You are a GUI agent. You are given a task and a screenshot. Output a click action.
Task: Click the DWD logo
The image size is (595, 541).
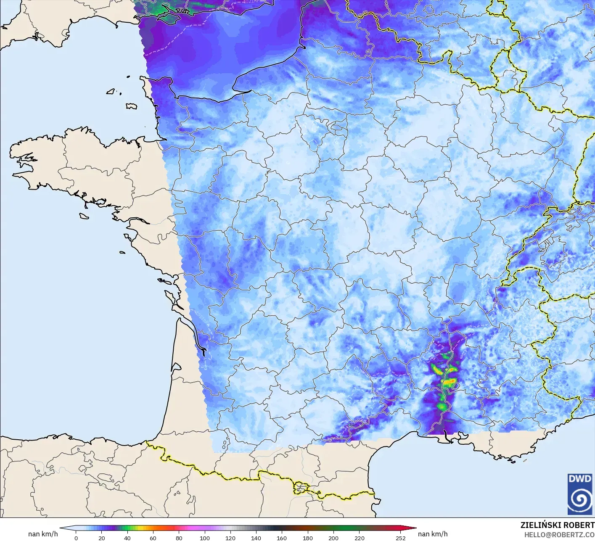click(580, 494)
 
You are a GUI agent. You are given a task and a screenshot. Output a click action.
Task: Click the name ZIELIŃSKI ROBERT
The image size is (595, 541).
click(557, 525)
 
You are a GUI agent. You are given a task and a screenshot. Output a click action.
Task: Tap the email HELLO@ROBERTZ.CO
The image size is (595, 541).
click(559, 534)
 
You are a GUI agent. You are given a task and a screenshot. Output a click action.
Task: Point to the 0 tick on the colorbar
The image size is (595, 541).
click(76, 538)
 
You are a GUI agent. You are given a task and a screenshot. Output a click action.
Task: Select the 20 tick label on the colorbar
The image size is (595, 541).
click(101, 538)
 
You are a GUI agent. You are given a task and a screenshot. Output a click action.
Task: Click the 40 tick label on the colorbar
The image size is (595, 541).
click(127, 538)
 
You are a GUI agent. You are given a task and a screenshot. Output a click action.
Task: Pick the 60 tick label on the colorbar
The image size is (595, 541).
click(153, 538)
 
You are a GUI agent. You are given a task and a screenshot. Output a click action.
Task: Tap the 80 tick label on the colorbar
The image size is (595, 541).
click(179, 538)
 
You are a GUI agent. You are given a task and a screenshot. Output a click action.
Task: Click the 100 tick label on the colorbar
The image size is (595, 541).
click(204, 538)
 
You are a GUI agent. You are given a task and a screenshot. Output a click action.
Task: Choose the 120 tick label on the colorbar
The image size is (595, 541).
click(230, 538)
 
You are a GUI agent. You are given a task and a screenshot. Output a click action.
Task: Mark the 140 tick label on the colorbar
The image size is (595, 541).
click(256, 538)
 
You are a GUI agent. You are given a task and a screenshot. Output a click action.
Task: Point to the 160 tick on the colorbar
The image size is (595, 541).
click(282, 538)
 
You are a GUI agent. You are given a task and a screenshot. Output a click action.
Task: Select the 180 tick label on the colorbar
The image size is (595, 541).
click(307, 538)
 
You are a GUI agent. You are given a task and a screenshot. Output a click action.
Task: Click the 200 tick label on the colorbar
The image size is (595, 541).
click(333, 538)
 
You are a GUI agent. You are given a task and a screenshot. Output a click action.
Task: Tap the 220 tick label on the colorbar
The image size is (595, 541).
click(359, 538)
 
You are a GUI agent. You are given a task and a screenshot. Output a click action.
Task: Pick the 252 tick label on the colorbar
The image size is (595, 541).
click(400, 538)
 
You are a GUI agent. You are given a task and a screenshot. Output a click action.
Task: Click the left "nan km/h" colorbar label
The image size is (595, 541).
click(43, 534)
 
